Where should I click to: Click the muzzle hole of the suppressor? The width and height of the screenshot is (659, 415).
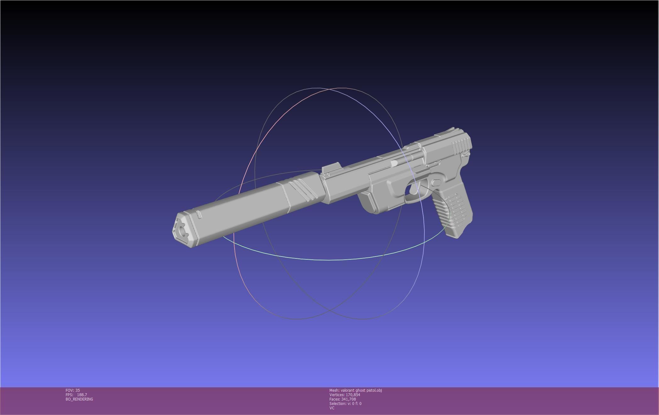(183, 231)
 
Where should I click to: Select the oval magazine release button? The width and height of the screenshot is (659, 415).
(436, 182)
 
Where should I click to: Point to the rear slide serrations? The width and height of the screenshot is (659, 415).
(460, 146)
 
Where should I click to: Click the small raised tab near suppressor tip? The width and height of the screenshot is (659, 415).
(199, 215)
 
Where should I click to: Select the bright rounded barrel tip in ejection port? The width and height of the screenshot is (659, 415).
(394, 163)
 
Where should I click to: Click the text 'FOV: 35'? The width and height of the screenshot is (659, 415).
(73, 390)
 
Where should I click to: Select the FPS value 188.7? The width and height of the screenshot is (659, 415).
(82, 395)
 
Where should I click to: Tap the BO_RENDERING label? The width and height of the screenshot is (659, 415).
(79, 399)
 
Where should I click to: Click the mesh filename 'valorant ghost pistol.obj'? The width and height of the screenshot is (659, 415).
(361, 390)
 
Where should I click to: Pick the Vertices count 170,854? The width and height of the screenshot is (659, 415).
(352, 395)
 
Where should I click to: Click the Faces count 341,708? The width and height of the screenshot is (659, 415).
(348, 399)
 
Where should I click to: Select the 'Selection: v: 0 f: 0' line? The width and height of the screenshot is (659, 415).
(345, 404)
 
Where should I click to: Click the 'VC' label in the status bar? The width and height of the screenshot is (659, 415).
(332, 408)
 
